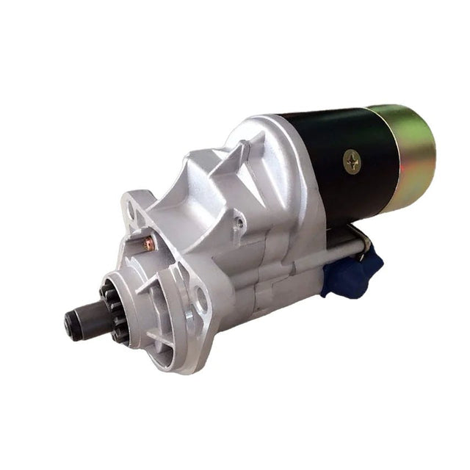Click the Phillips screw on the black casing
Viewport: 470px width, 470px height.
click(x=352, y=162)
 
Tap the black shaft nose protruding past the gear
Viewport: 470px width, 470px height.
click(x=76, y=321)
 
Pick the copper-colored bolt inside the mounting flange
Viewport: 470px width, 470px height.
click(x=149, y=244)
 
